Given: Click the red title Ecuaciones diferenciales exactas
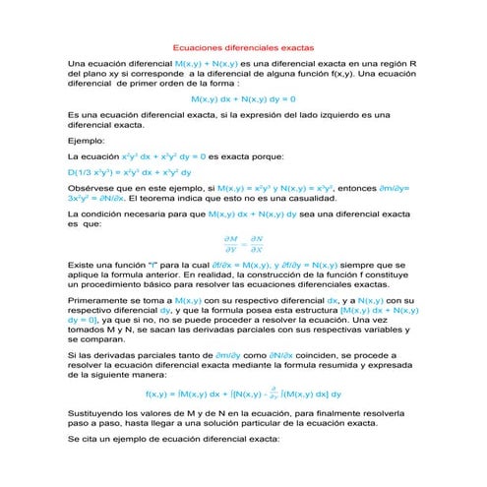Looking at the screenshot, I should pos(243,46).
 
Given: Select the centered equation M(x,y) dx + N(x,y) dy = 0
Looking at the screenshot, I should pos(243,99).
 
